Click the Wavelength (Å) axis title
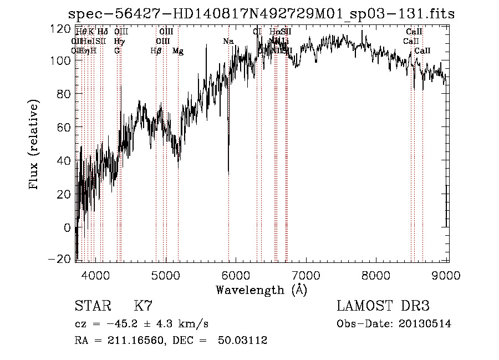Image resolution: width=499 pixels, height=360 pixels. coord(262,290)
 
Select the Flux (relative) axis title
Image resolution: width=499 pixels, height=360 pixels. coord(34,144)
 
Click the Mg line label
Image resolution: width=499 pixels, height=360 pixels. coord(178,51)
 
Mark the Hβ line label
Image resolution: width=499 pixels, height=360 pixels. coord(156,51)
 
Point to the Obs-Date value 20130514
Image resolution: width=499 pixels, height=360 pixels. coord(425,324)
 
